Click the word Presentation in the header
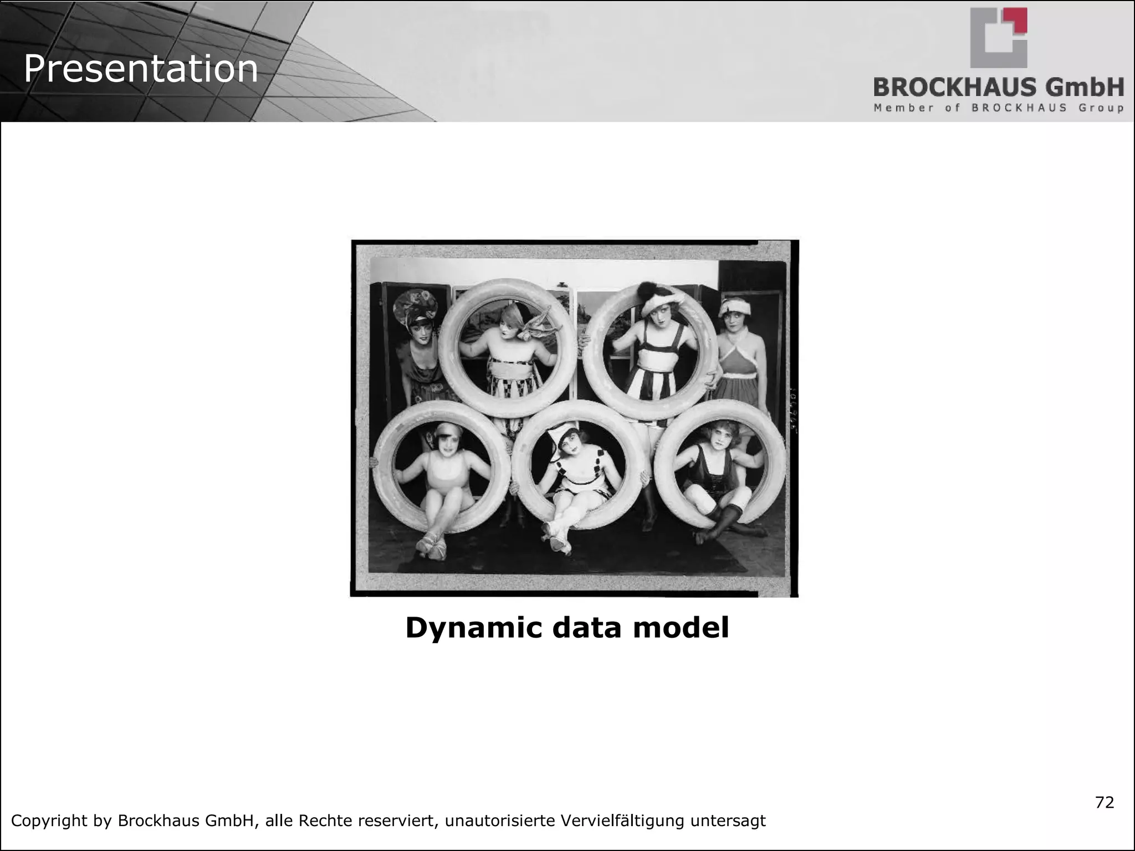coord(141,69)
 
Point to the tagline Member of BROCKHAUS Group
coord(999,108)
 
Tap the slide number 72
coord(1105,802)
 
